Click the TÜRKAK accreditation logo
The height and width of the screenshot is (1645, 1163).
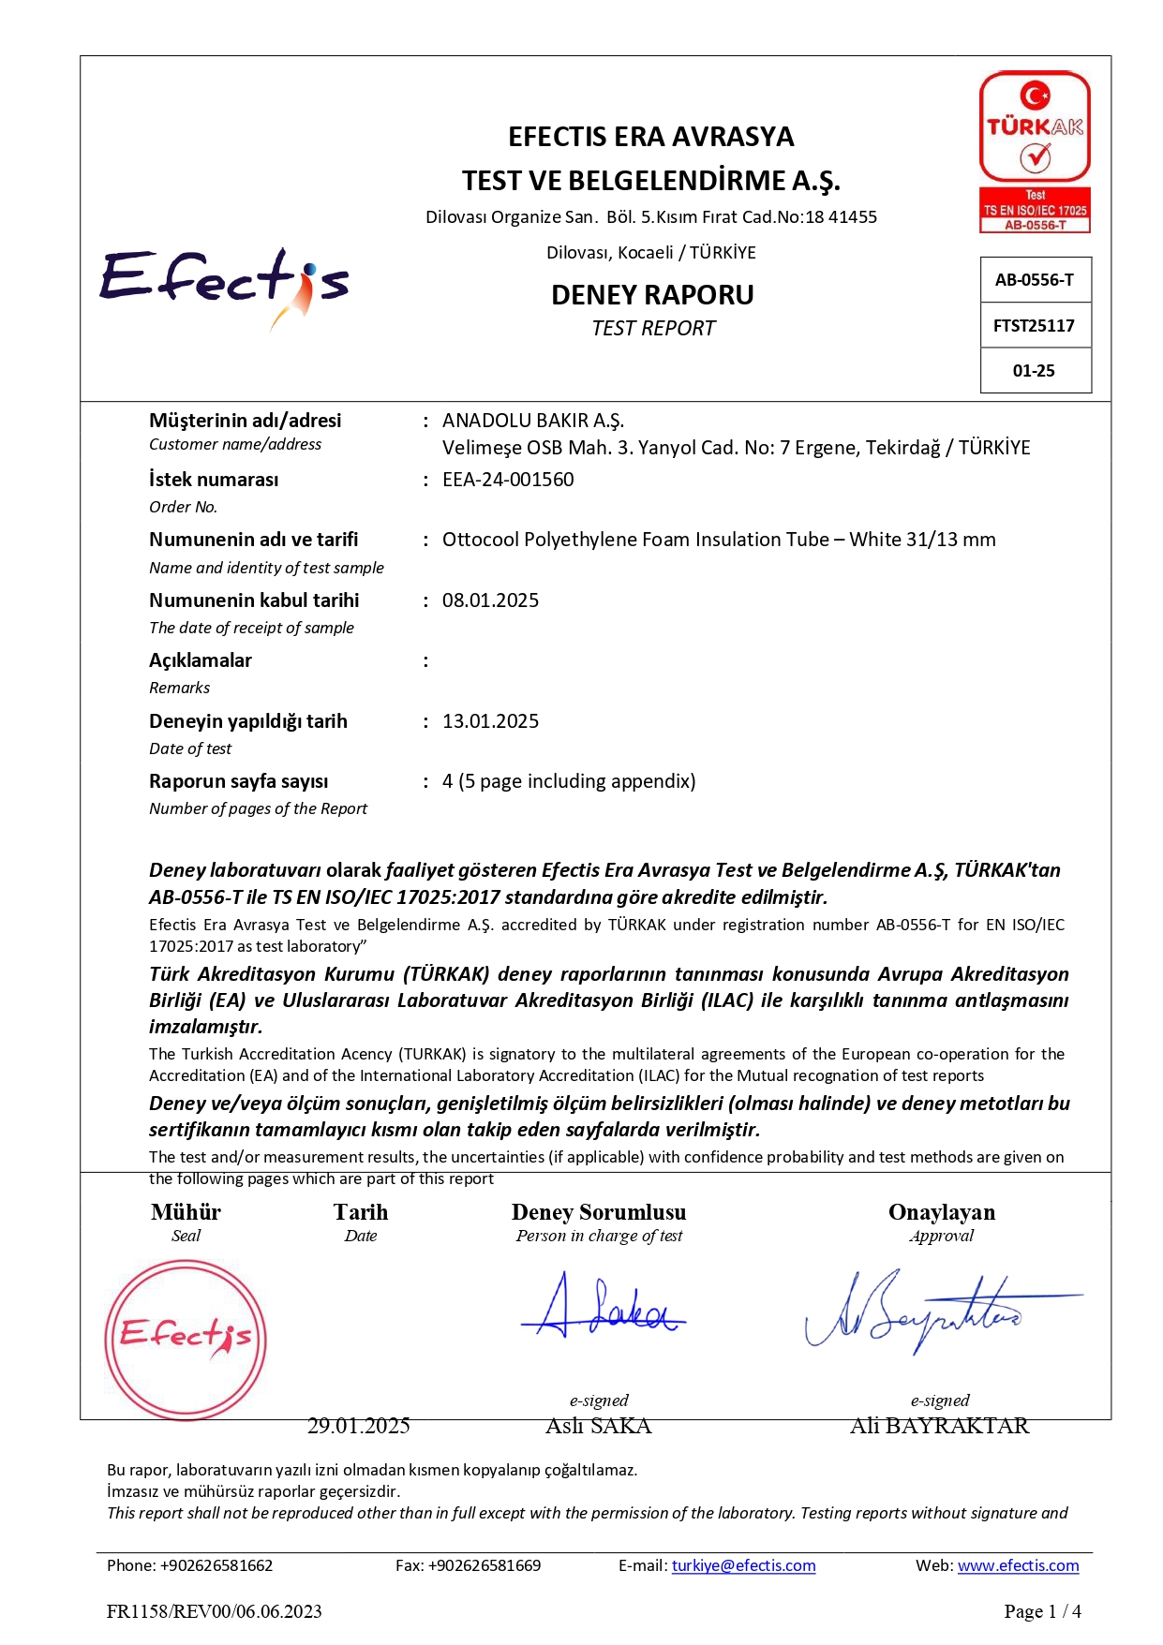(1035, 150)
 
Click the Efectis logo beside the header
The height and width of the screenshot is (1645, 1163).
(225, 284)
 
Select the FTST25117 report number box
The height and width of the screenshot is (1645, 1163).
(1035, 325)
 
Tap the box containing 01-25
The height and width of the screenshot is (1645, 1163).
(1035, 370)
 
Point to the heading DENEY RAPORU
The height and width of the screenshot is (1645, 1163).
(652, 295)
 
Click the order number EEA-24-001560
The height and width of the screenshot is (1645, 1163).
(508, 480)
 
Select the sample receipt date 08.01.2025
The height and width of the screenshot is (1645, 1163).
(490, 600)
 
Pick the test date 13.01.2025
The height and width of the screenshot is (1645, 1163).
(490, 721)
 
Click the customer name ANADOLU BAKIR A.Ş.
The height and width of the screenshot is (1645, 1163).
(533, 421)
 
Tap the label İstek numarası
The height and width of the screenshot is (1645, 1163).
(214, 480)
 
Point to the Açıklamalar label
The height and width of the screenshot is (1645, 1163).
(201, 660)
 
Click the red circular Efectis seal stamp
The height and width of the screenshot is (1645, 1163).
(186, 1339)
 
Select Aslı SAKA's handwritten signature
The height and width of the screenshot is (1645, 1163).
(603, 1307)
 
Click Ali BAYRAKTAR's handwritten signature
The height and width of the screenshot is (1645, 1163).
(928, 1310)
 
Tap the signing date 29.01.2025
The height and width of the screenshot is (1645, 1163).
(359, 1426)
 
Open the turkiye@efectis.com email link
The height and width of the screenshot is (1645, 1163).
(743, 1565)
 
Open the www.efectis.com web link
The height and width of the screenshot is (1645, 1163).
(1018, 1565)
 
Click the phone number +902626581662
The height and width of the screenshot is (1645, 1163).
(216, 1565)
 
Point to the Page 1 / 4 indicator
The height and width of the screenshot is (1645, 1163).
(1042, 1611)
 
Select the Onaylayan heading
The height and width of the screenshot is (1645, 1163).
(942, 1212)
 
